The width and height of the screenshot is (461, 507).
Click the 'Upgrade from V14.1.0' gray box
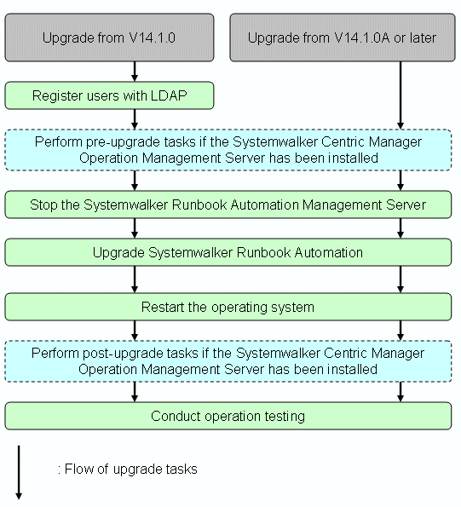109,37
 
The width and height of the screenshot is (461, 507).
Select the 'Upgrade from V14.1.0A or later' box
343,37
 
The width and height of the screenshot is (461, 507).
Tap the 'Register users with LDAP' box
109,95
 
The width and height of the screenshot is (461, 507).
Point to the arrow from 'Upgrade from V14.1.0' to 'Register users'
135,72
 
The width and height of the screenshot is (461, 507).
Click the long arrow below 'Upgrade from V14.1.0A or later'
400,95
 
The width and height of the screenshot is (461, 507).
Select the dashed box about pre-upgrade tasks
228,150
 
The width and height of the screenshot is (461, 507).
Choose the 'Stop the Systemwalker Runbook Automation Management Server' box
228,205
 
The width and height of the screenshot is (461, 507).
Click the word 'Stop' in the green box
43,205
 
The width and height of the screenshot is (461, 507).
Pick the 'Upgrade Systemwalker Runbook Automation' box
228,252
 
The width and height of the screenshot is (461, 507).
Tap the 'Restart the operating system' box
228,307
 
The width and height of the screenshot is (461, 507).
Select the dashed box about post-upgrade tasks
228,361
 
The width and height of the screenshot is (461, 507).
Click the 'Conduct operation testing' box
228,416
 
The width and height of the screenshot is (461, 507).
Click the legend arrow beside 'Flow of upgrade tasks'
19,472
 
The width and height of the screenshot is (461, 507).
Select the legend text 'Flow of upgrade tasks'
128,470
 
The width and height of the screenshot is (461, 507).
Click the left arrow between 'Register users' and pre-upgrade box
135,119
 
